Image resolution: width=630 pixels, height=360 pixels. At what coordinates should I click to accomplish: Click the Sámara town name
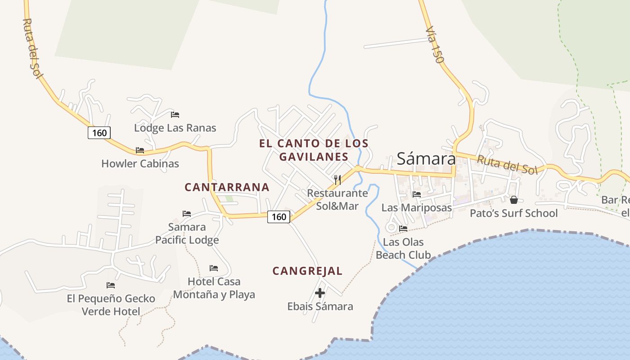[x=426, y=158]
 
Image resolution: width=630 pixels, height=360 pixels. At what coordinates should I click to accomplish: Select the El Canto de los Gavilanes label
[x=314, y=150]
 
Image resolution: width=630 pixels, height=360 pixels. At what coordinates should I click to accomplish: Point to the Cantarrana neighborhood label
[x=227, y=187]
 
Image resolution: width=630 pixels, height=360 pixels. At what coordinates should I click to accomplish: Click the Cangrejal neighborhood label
[x=307, y=271]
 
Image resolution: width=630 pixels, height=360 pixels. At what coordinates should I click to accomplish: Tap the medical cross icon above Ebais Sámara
[x=320, y=293]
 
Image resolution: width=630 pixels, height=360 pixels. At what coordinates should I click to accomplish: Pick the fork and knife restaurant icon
[x=337, y=180]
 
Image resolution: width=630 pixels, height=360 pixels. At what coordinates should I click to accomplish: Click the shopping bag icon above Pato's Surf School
[x=513, y=199]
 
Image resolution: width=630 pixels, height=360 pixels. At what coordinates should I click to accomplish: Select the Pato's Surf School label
[x=513, y=213]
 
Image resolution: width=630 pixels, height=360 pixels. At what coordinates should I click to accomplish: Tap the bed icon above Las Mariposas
[x=417, y=194]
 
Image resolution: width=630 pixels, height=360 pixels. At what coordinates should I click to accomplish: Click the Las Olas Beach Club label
[x=403, y=248]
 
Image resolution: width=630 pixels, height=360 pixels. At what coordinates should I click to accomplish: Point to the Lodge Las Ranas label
[x=175, y=128]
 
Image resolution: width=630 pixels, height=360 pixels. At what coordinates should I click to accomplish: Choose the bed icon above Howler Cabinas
[x=140, y=150]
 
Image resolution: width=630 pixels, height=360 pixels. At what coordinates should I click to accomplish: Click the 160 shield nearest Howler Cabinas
[x=99, y=132]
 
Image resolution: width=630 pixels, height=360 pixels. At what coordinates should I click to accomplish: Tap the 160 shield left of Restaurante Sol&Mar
[x=279, y=216]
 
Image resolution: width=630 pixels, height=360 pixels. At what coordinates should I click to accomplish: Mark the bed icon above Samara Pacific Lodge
[x=187, y=213]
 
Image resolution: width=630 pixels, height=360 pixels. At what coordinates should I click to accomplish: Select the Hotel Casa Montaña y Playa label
[x=214, y=288]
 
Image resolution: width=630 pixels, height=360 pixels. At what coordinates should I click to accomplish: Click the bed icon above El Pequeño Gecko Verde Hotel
[x=111, y=285]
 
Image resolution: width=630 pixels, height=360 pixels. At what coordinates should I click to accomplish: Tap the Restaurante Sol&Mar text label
[x=337, y=199]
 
